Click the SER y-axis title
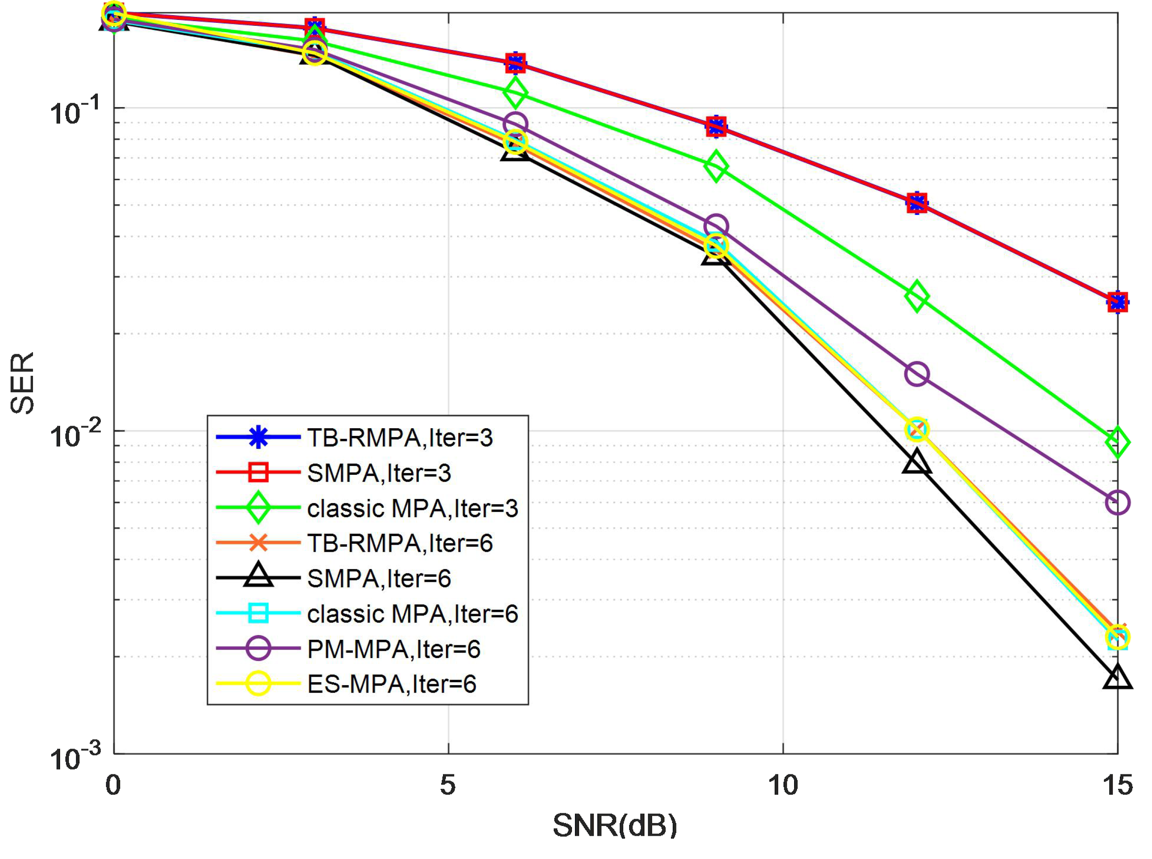point(22,383)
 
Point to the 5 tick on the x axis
point(448,785)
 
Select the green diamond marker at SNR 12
point(916,296)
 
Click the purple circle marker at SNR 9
point(716,226)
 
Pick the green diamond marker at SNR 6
point(515,93)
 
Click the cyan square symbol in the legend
point(258,613)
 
